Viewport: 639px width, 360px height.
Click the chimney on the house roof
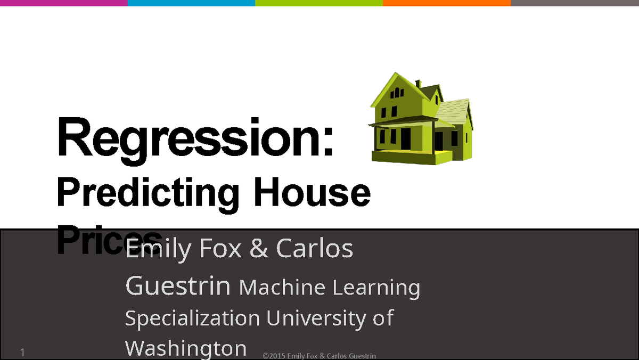click(x=419, y=84)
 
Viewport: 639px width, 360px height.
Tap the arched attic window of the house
click(x=397, y=93)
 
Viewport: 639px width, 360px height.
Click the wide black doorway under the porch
click(x=406, y=138)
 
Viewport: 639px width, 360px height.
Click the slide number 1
click(x=23, y=353)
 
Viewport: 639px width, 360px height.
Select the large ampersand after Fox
click(x=259, y=249)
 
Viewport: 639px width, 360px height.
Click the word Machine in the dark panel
click(x=282, y=288)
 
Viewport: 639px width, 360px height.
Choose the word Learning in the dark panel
click(x=376, y=288)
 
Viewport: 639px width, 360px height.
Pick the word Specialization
click(x=192, y=318)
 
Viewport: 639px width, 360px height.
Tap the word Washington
click(x=186, y=348)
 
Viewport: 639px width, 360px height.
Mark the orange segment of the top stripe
click(x=447, y=3)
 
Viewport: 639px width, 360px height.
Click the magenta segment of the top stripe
click(x=63, y=3)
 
